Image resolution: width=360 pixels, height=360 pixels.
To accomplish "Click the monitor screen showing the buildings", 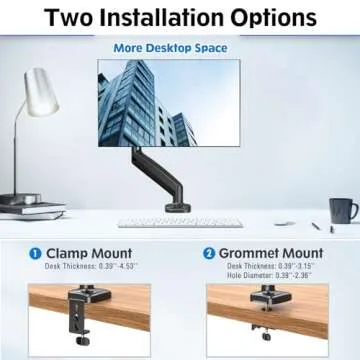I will coord(169,101).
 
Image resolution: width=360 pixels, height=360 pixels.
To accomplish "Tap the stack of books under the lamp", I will coord(31,208).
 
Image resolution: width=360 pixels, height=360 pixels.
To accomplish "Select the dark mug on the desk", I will coord(341,210).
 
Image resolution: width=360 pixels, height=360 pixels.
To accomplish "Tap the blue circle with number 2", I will coord(209,254).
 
